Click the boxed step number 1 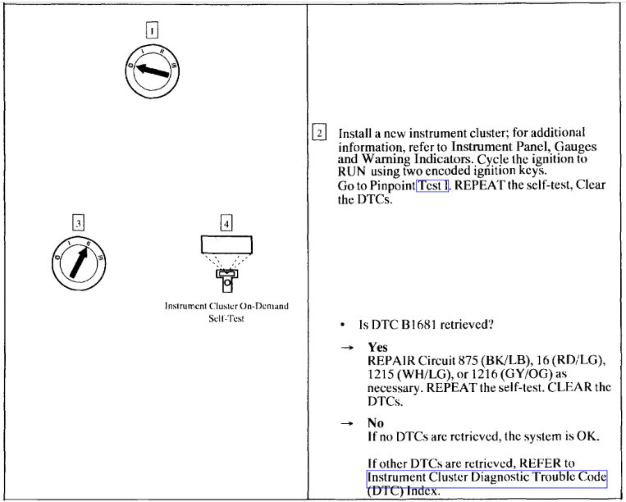pyautogui.click(x=152, y=30)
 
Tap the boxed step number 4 pyautogui.click(x=226, y=222)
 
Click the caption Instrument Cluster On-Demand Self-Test pyautogui.click(x=226, y=312)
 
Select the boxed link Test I pyautogui.click(x=432, y=185)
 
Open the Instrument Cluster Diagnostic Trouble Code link pyautogui.click(x=487, y=477)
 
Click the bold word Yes pyautogui.click(x=377, y=348)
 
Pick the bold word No pyautogui.click(x=376, y=423)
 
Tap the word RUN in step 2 pyautogui.click(x=352, y=172)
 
